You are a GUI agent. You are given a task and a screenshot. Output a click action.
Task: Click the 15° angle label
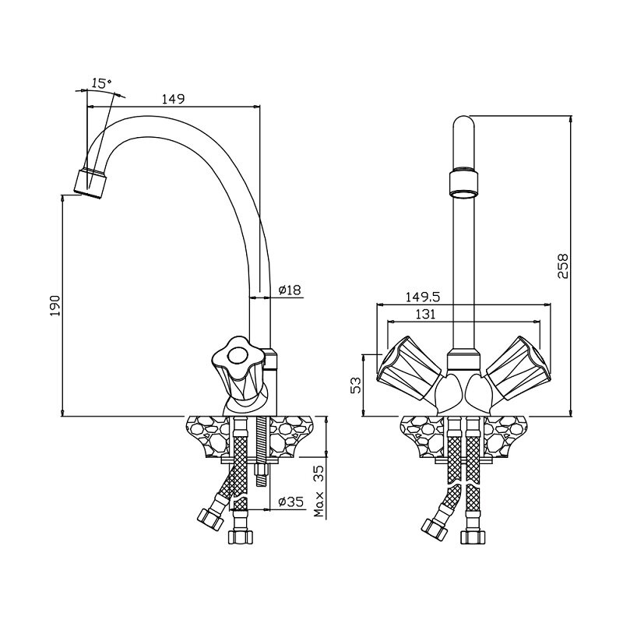[x=102, y=84]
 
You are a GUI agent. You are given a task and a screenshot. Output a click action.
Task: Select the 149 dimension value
[x=173, y=99]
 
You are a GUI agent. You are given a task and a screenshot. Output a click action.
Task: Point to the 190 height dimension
[x=55, y=305]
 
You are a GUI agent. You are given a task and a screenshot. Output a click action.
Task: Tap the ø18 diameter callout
[x=290, y=290]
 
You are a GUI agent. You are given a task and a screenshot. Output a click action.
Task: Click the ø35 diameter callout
[x=290, y=502]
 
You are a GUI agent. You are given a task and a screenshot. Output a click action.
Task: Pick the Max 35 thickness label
[x=319, y=491]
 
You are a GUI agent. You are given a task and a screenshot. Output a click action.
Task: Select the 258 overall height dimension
[x=562, y=266]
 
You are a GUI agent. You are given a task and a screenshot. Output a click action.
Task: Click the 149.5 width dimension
[x=423, y=297]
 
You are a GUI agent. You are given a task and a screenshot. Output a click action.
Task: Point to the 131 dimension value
[x=425, y=315]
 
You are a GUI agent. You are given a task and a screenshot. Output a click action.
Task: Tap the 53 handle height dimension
[x=357, y=385]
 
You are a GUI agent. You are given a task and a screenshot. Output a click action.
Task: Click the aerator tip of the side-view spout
[x=91, y=183]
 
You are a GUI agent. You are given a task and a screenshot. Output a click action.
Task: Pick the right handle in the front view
[x=519, y=368]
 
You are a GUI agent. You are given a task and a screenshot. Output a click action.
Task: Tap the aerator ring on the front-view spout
[x=463, y=183]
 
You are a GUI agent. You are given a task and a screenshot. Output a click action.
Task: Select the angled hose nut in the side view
[x=210, y=519]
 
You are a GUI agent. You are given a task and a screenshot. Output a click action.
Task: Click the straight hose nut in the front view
[x=473, y=537]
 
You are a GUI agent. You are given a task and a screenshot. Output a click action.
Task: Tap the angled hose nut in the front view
[x=435, y=530]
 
